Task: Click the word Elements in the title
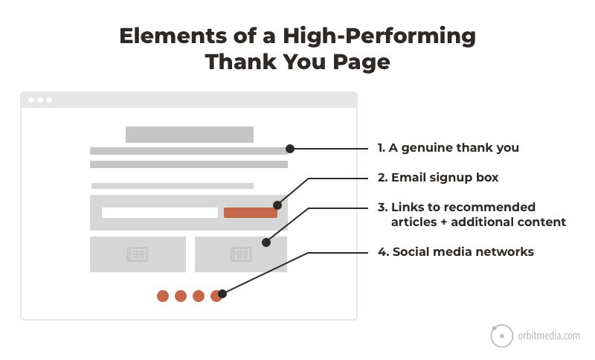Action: click(173, 36)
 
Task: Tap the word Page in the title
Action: click(361, 62)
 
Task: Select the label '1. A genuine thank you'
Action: click(448, 147)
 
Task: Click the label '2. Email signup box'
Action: click(438, 177)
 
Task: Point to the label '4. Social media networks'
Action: click(456, 251)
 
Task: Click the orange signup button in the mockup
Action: click(251, 213)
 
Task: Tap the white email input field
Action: click(160, 213)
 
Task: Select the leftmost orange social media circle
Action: click(163, 296)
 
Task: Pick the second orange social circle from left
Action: click(181, 296)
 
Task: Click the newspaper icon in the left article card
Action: click(137, 254)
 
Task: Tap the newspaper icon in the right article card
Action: click(240, 254)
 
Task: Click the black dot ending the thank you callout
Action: click(290, 149)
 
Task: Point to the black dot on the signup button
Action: click(277, 205)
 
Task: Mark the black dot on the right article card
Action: click(266, 242)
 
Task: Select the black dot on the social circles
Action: click(222, 294)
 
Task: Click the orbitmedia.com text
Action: click(549, 335)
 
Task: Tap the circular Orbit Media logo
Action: click(501, 335)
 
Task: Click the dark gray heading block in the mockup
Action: click(190, 135)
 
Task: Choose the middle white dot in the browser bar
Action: click(40, 100)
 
